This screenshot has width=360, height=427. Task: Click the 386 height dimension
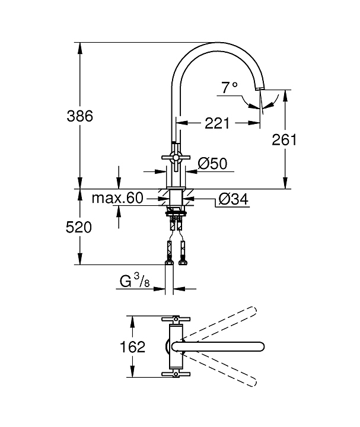coord(81,116)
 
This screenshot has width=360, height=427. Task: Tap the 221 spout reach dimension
coord(217,124)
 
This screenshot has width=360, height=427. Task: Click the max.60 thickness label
coord(117,198)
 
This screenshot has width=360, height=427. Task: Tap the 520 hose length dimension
coord(79,227)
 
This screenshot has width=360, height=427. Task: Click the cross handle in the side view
coord(176,157)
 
